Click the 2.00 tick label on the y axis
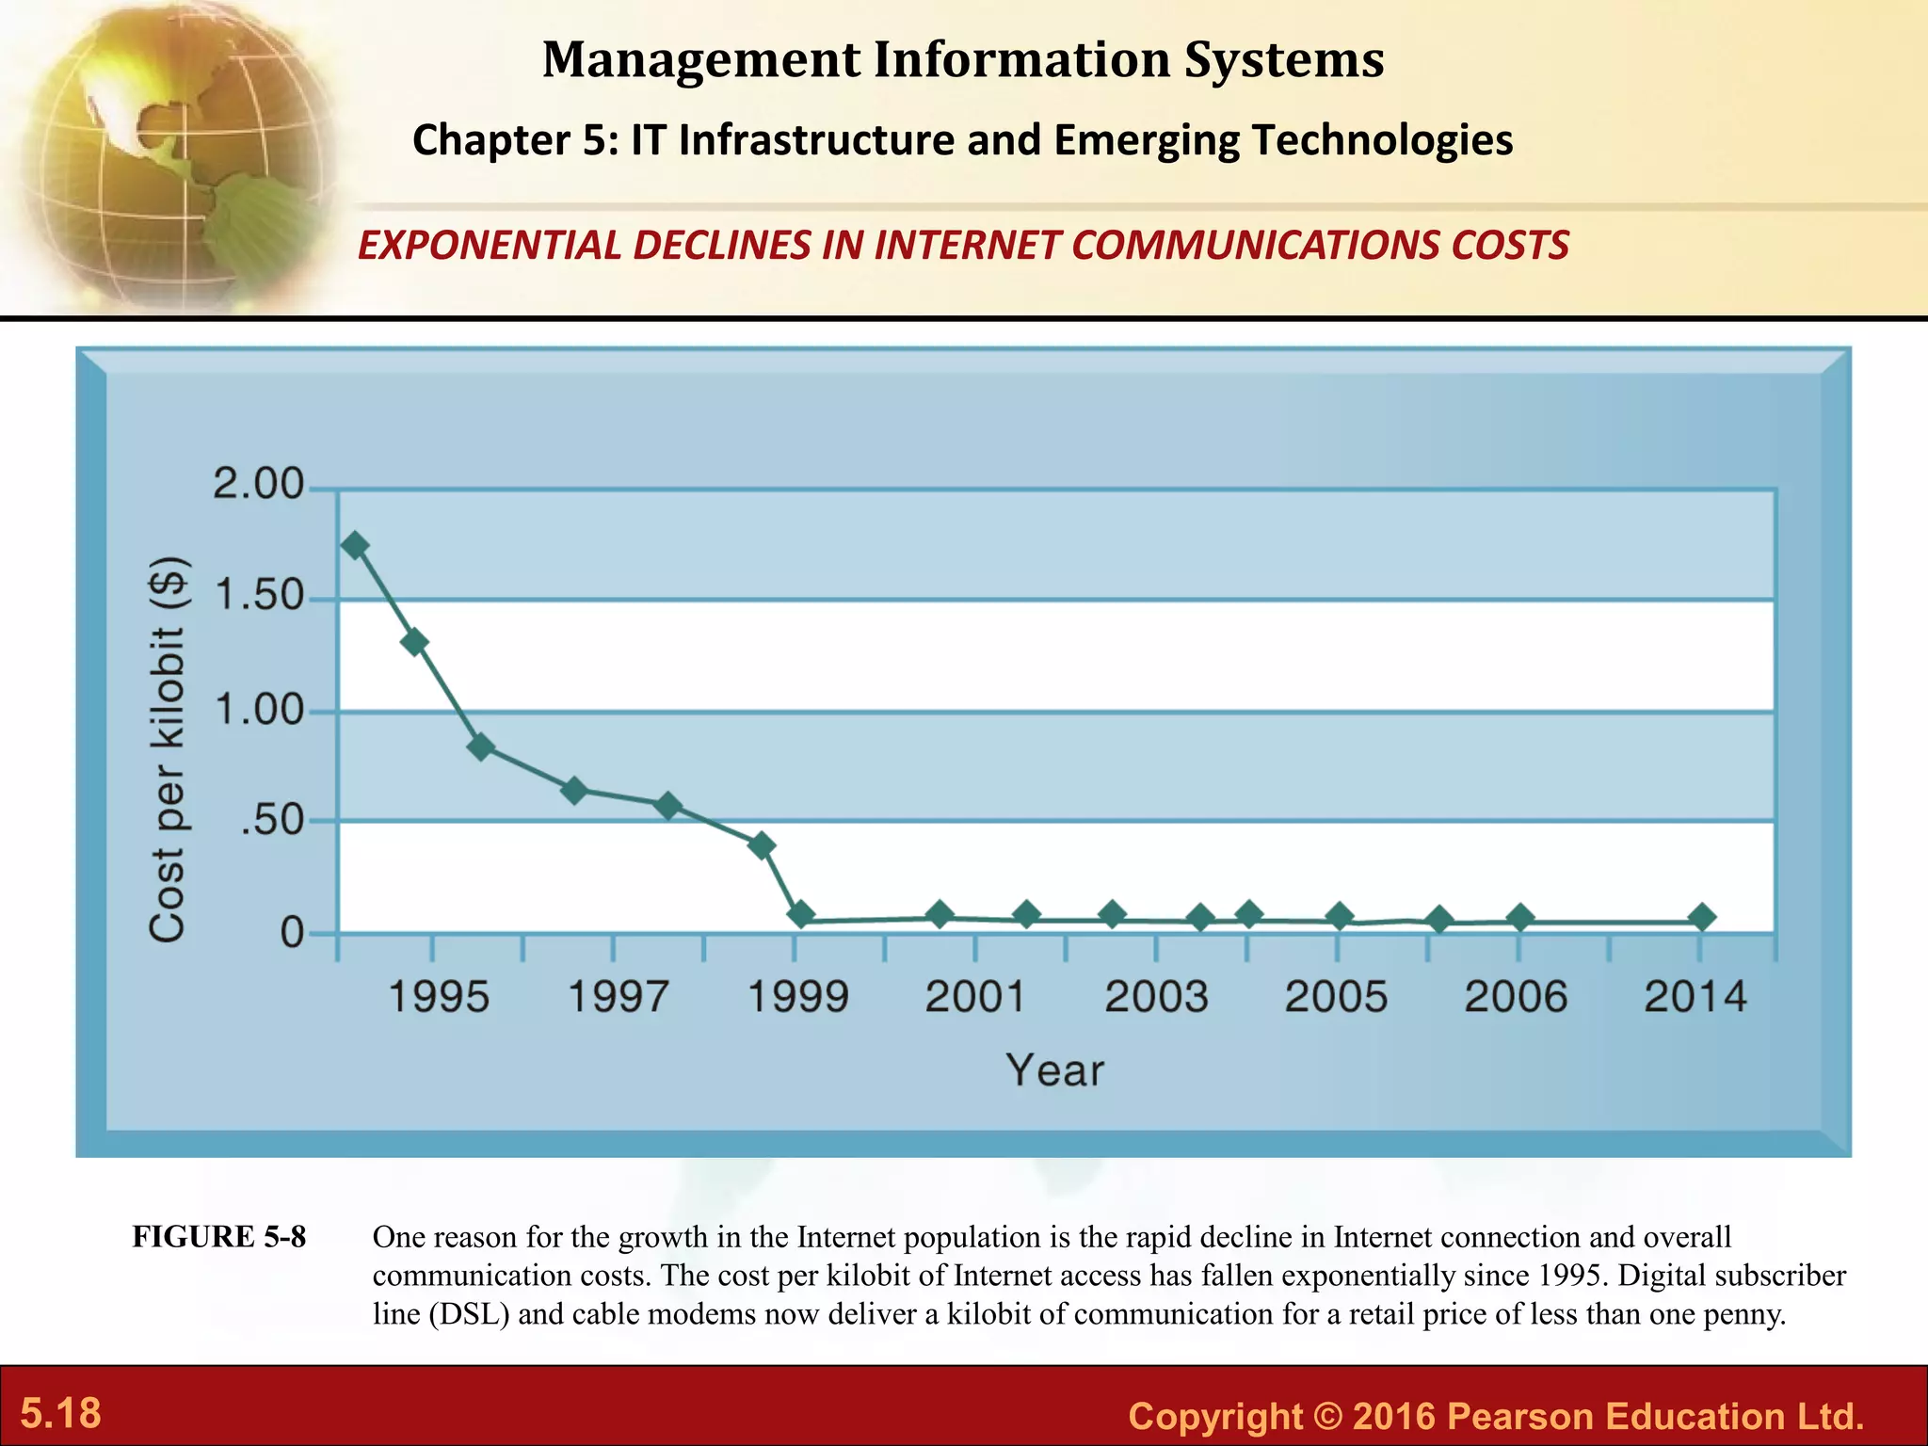(x=259, y=485)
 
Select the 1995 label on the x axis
(x=439, y=997)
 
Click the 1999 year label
(x=797, y=997)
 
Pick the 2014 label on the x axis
(x=1695, y=997)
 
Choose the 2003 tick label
(x=1156, y=997)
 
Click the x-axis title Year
(x=1054, y=1070)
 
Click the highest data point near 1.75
(x=355, y=545)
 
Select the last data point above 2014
(x=1701, y=917)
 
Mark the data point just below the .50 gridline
(x=763, y=845)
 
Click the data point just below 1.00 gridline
(x=481, y=747)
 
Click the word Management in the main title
(x=701, y=59)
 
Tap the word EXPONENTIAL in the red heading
(x=490, y=246)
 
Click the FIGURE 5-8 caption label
(x=219, y=1237)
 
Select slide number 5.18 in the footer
(x=61, y=1413)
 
